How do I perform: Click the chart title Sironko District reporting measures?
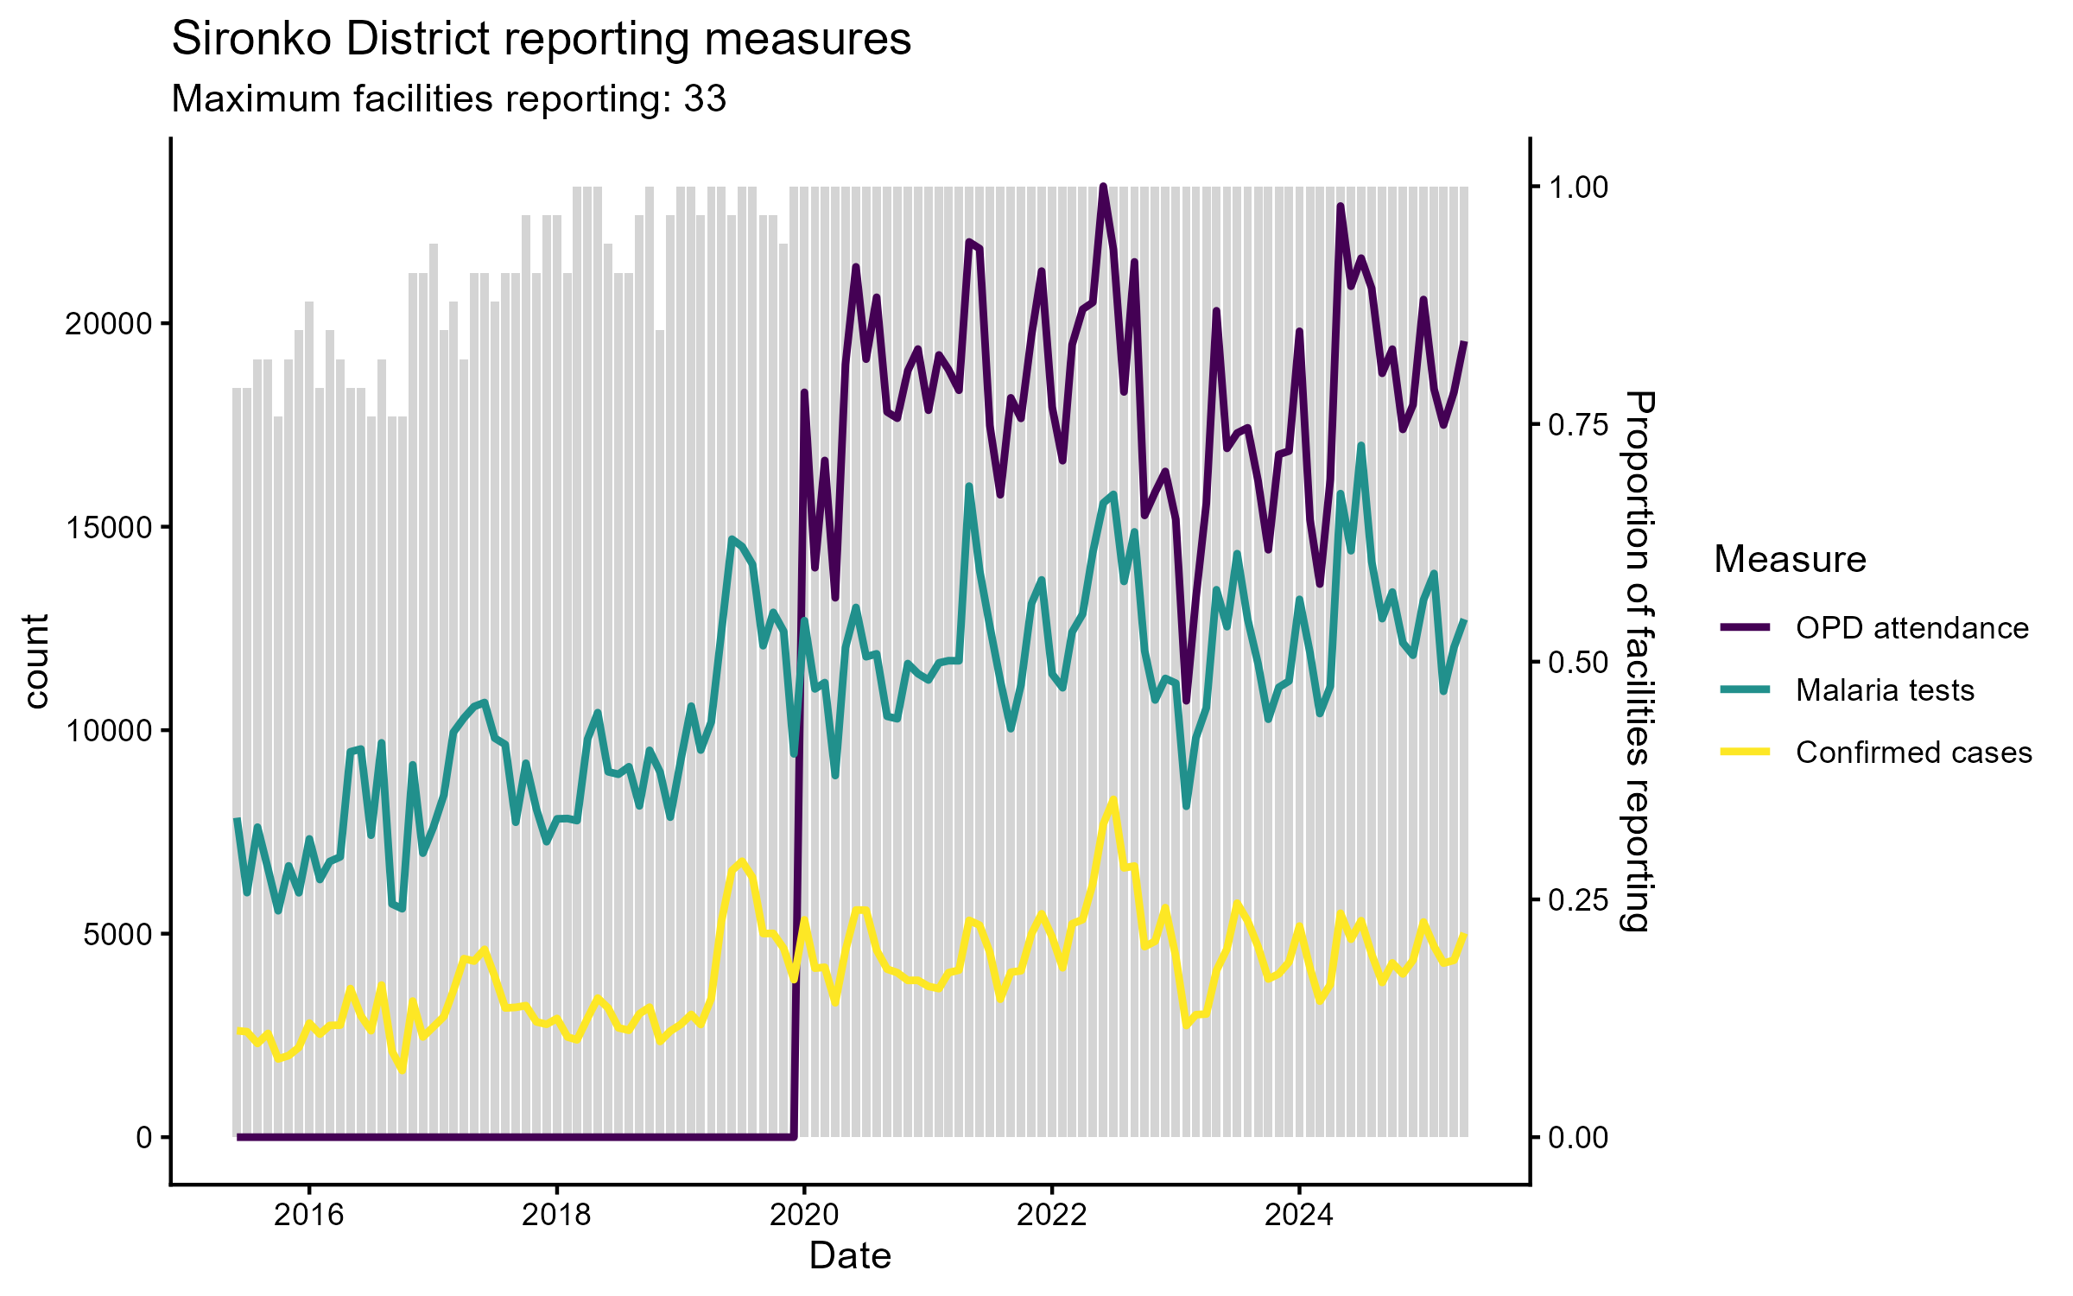tap(541, 40)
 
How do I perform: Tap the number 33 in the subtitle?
tap(705, 99)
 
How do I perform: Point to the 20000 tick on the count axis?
tap(108, 325)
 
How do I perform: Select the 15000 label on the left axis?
tap(108, 528)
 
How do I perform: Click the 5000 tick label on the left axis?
tap(117, 934)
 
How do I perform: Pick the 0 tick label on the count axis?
tap(143, 1137)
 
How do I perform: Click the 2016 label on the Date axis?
tap(308, 1215)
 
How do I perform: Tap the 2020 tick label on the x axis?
tap(804, 1215)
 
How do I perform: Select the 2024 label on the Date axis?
tap(1299, 1215)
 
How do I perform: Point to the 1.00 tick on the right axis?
tap(1578, 187)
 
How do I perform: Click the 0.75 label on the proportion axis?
tap(1578, 424)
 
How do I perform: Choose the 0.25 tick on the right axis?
tap(1578, 899)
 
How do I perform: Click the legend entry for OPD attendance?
tap(1911, 628)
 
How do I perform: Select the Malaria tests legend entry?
tap(1885, 690)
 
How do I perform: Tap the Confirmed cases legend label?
tap(1913, 753)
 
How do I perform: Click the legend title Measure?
tap(1790, 560)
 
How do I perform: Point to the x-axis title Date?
tap(850, 1256)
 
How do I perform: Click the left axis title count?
tap(36, 662)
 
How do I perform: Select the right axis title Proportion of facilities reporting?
tap(1638, 662)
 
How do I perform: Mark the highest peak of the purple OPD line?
tap(1103, 187)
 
